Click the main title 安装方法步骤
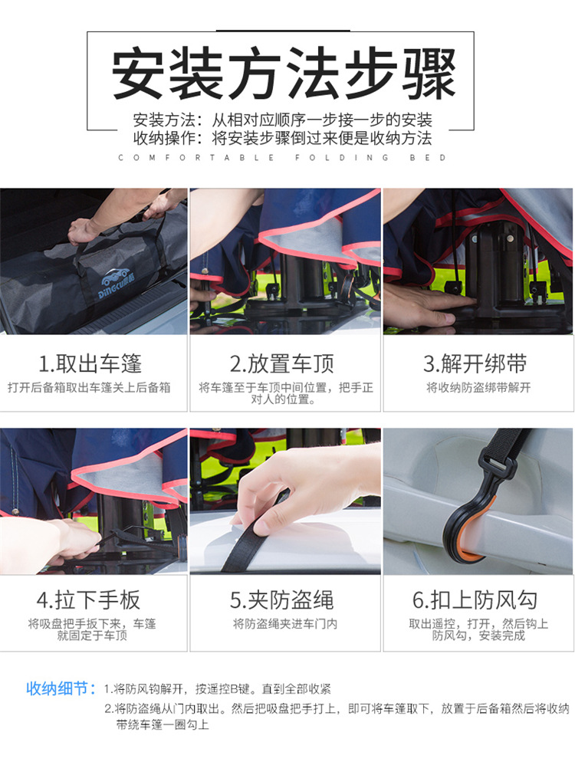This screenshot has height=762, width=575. tap(284, 74)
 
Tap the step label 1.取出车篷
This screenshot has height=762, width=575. tap(90, 363)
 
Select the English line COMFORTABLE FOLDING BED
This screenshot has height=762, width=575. tap(282, 158)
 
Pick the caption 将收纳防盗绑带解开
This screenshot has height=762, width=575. tap(478, 388)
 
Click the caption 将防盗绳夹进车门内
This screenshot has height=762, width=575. tap(285, 624)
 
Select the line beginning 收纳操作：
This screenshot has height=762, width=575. tap(282, 139)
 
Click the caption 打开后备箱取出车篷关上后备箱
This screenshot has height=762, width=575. tap(90, 388)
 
